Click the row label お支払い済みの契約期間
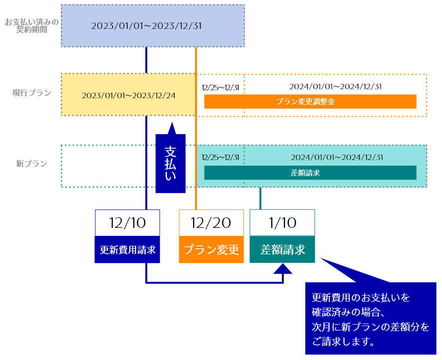pyautogui.click(x=31, y=26)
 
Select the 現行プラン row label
pyautogui.click(x=32, y=93)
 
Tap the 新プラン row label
pyautogui.click(x=31, y=164)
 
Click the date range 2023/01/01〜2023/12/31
pyautogui.click(x=146, y=26)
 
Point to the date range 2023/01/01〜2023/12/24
pyautogui.click(x=129, y=95)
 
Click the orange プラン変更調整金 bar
pyautogui.click(x=310, y=101)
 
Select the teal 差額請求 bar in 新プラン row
pyautogui.click(x=310, y=173)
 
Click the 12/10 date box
pyautogui.click(x=127, y=222)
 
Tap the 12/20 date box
pyautogui.click(x=211, y=222)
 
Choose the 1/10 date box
pyautogui.click(x=282, y=222)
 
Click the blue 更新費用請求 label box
pyautogui.click(x=127, y=249)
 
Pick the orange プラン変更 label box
pyautogui.click(x=211, y=249)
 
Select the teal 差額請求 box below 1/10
pyautogui.click(x=282, y=249)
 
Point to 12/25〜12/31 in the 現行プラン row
pyautogui.click(x=220, y=87)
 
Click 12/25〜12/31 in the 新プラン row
pyautogui.click(x=220, y=158)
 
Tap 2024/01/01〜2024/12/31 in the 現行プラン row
pyautogui.click(x=335, y=86)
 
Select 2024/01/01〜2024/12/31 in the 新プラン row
pyautogui.click(x=337, y=157)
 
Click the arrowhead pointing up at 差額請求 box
pyautogui.click(x=283, y=269)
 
